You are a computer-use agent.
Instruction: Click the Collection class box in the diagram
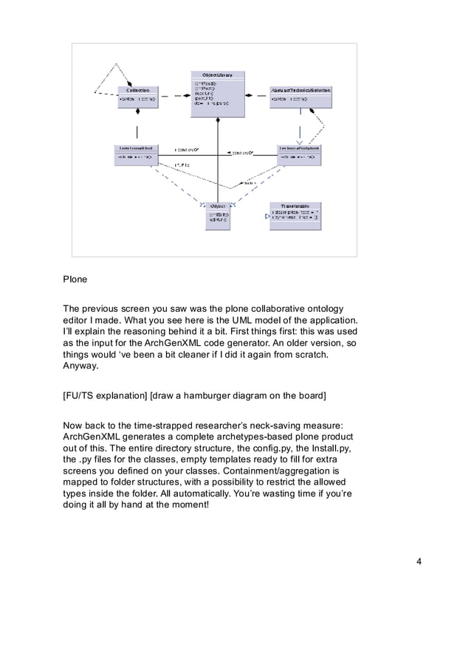pos(138,97)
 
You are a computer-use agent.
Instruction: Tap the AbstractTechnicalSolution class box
pos(300,97)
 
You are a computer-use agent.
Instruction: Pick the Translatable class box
pos(295,212)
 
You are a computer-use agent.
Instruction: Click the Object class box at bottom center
pos(218,214)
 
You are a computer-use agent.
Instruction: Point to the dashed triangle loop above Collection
pos(115,78)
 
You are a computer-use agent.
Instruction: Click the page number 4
pos(419,563)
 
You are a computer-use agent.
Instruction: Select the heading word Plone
pos(75,280)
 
